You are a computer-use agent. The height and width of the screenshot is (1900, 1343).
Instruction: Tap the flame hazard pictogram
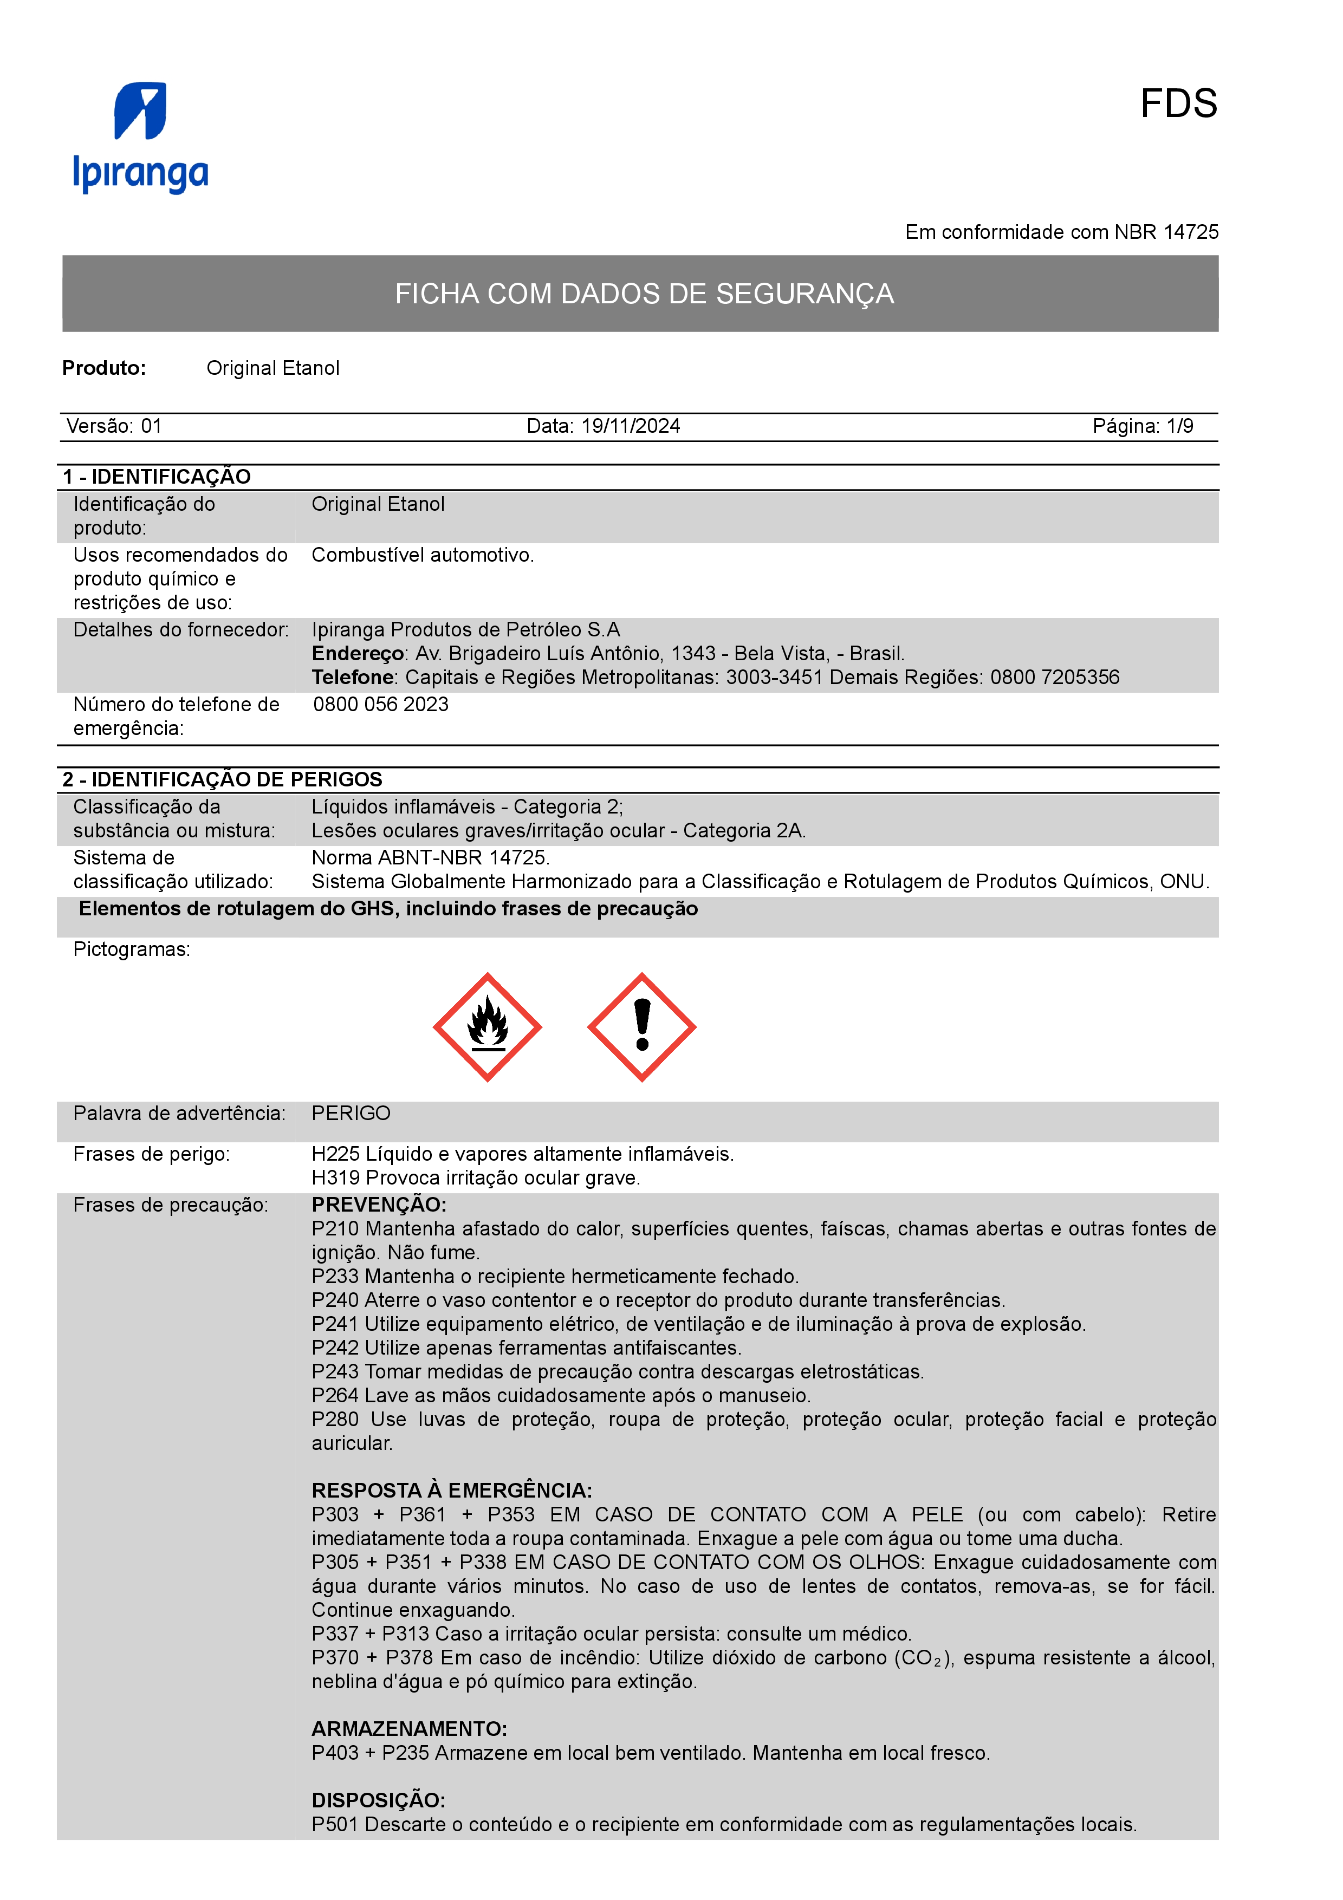pos(488,1027)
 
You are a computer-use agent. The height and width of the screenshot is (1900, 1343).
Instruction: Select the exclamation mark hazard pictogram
pos(641,1027)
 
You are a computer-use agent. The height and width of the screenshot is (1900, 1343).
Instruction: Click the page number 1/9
pos(1179,426)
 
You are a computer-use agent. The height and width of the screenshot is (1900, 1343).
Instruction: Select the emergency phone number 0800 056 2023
pos(381,704)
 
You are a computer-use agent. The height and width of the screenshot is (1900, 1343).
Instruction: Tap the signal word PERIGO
pos(351,1113)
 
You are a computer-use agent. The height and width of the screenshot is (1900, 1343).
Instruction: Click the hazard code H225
pos(335,1154)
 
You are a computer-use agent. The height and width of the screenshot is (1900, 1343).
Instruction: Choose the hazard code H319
pos(335,1177)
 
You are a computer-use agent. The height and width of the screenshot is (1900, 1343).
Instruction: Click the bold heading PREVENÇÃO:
pos(379,1205)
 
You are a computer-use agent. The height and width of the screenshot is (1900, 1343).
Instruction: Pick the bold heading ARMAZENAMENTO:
pos(409,1729)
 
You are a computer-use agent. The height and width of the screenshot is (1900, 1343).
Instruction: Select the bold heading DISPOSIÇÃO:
pos(378,1800)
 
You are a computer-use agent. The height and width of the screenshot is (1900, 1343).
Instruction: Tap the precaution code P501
pos(335,1824)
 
